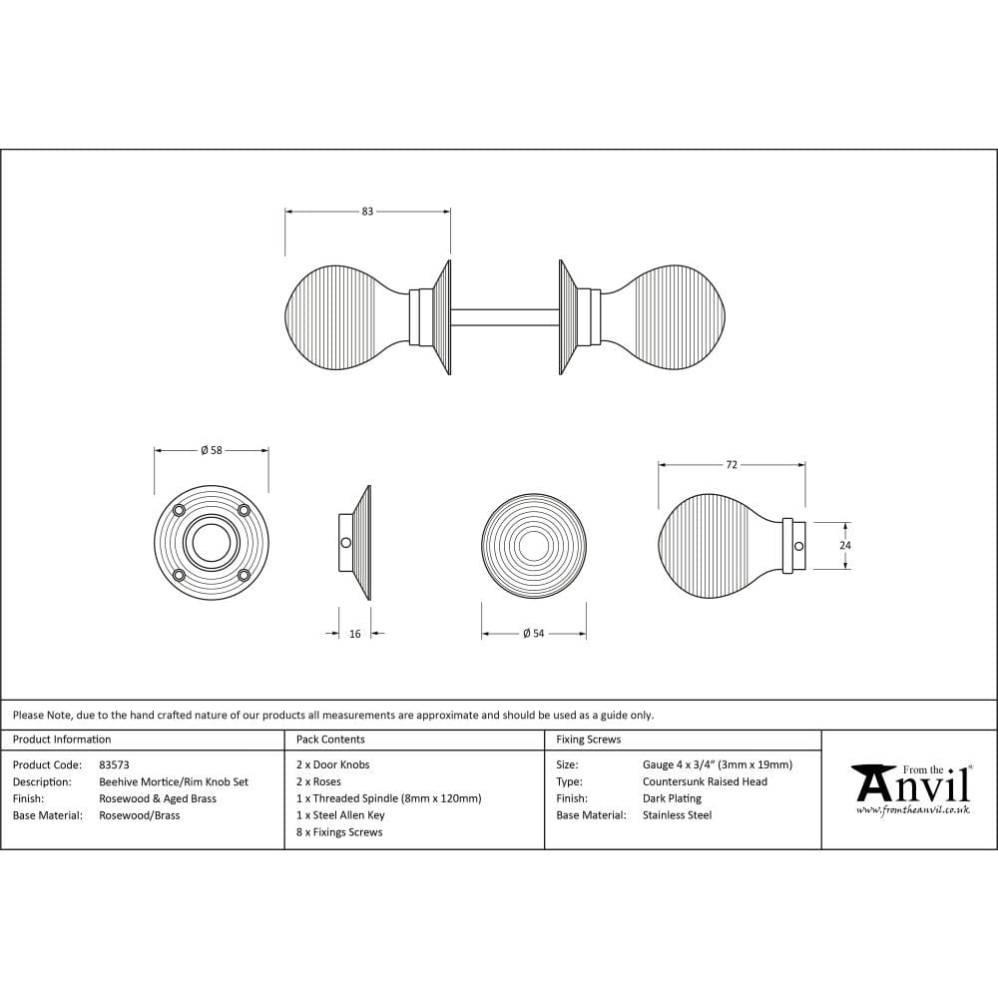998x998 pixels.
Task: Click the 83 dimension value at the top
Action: (367, 212)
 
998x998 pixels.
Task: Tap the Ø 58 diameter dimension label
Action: (211, 451)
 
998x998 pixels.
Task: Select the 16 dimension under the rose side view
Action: (354, 634)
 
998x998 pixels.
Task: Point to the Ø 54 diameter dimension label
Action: (533, 634)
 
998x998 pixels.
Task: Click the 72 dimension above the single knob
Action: (732, 465)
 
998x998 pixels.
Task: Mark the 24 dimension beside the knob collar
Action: (845, 546)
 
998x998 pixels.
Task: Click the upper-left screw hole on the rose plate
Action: (180, 511)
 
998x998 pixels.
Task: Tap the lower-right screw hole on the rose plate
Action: (243, 575)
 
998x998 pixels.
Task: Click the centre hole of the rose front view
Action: (211, 544)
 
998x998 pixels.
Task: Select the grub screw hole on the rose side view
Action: (346, 543)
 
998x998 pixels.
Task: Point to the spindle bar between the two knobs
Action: (504, 317)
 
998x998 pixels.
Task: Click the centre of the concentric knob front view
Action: (533, 546)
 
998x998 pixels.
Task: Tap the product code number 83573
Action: (115, 764)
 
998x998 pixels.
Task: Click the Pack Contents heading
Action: (330, 740)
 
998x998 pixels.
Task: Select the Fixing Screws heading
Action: (588, 740)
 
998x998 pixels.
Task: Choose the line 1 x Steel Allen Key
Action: (340, 815)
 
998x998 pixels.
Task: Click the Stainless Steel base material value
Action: (677, 815)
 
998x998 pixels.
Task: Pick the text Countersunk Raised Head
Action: (705, 781)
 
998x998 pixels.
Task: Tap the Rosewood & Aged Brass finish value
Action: (158, 798)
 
